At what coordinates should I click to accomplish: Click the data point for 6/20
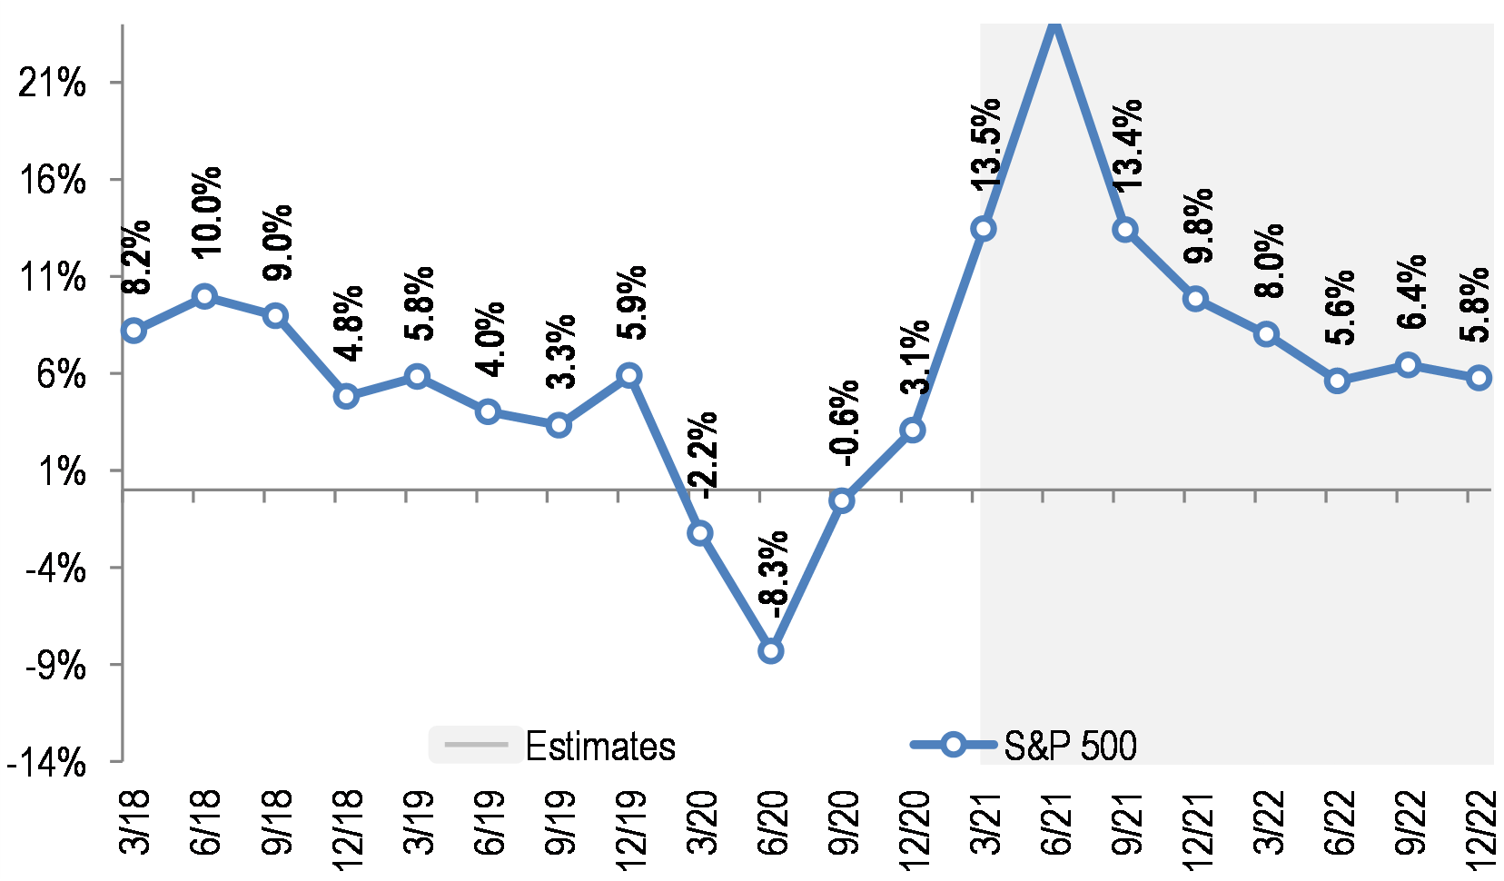[x=770, y=651]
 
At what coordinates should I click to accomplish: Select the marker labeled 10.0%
[x=204, y=296]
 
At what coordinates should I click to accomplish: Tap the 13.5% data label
[x=985, y=144]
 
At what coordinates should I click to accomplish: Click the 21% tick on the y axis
[x=53, y=84]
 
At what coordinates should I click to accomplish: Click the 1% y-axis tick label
[x=61, y=471]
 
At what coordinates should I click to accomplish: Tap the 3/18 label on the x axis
[x=135, y=823]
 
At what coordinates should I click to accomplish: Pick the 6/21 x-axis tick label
[x=1056, y=823]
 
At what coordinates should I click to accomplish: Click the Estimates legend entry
[x=600, y=747]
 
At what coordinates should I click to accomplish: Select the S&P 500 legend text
[x=1070, y=747]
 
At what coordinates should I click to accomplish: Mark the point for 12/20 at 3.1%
[x=913, y=430]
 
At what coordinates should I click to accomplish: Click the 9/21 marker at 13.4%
[x=1125, y=230]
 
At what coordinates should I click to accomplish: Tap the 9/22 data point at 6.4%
[x=1408, y=365]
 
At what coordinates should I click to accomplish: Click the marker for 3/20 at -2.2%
[x=699, y=533]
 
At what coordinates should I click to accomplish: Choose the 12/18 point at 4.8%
[x=346, y=396]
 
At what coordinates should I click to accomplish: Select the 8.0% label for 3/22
[x=1271, y=261]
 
